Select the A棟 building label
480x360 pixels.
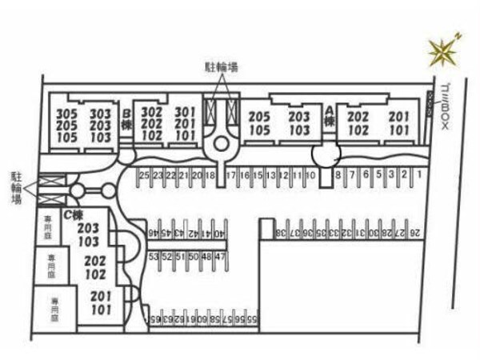tap(329, 118)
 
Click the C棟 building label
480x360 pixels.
tap(74, 215)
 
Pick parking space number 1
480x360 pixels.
tap(418, 174)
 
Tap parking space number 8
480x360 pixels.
tap(339, 174)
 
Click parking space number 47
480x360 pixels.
tap(221, 257)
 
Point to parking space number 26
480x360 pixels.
tap(414, 233)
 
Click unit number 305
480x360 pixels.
tap(67, 114)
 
